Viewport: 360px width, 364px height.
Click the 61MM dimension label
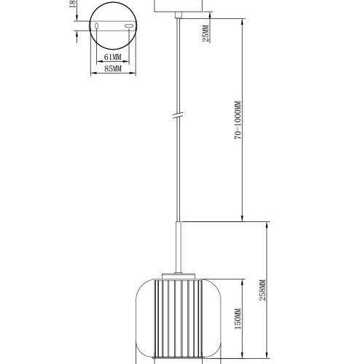[112, 56]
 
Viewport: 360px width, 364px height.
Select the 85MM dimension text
[112, 69]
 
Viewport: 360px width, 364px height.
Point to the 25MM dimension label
[206, 33]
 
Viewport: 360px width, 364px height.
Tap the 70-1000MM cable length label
[238, 122]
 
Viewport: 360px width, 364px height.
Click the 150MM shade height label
[238, 319]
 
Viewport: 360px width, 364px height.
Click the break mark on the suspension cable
[176, 116]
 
